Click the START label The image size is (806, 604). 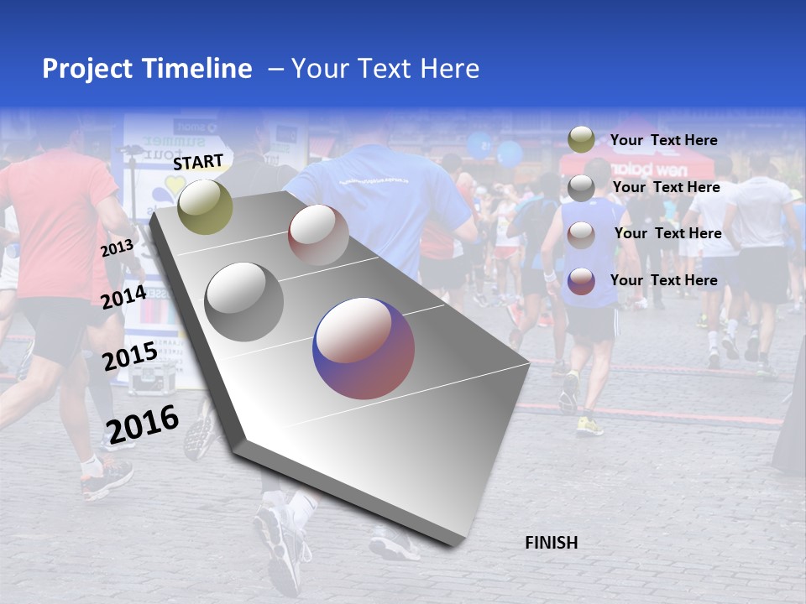coord(198,161)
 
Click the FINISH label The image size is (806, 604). coord(551,543)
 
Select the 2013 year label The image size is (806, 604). coord(117,247)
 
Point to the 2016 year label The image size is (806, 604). coord(143,424)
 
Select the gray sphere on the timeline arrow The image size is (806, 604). coord(244,302)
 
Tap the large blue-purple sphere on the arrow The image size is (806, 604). coord(364,348)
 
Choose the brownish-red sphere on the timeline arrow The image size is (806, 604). coord(318,235)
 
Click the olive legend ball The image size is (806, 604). coord(581,140)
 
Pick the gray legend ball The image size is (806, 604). coord(581,188)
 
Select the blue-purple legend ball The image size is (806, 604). coord(581,281)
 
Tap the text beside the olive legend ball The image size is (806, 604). coord(663,140)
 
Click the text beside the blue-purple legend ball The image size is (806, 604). coord(663,280)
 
